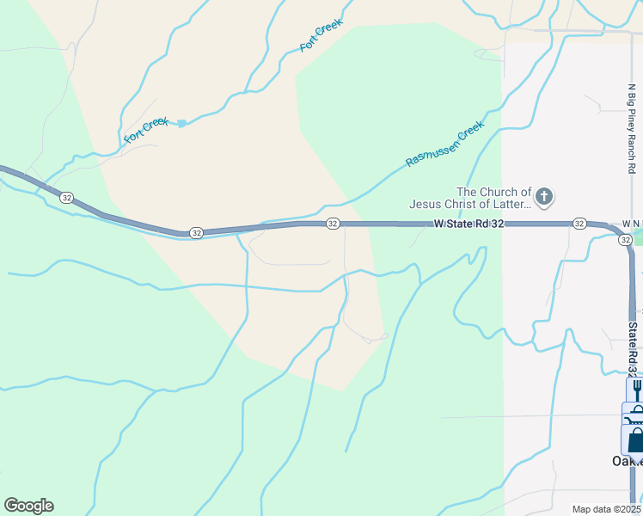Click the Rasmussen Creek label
click(445, 143)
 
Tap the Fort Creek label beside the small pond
click(146, 130)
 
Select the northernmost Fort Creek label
click(321, 35)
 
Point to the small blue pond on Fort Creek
click(182, 124)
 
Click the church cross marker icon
click(543, 198)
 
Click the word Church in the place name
click(505, 193)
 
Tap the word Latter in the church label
click(506, 205)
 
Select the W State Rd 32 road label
click(468, 224)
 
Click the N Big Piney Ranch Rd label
click(631, 129)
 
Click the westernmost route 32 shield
click(66, 197)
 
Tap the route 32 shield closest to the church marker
click(580, 224)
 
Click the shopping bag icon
click(636, 441)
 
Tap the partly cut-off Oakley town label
click(626, 461)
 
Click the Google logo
click(28, 506)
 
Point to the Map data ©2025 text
click(606, 509)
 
